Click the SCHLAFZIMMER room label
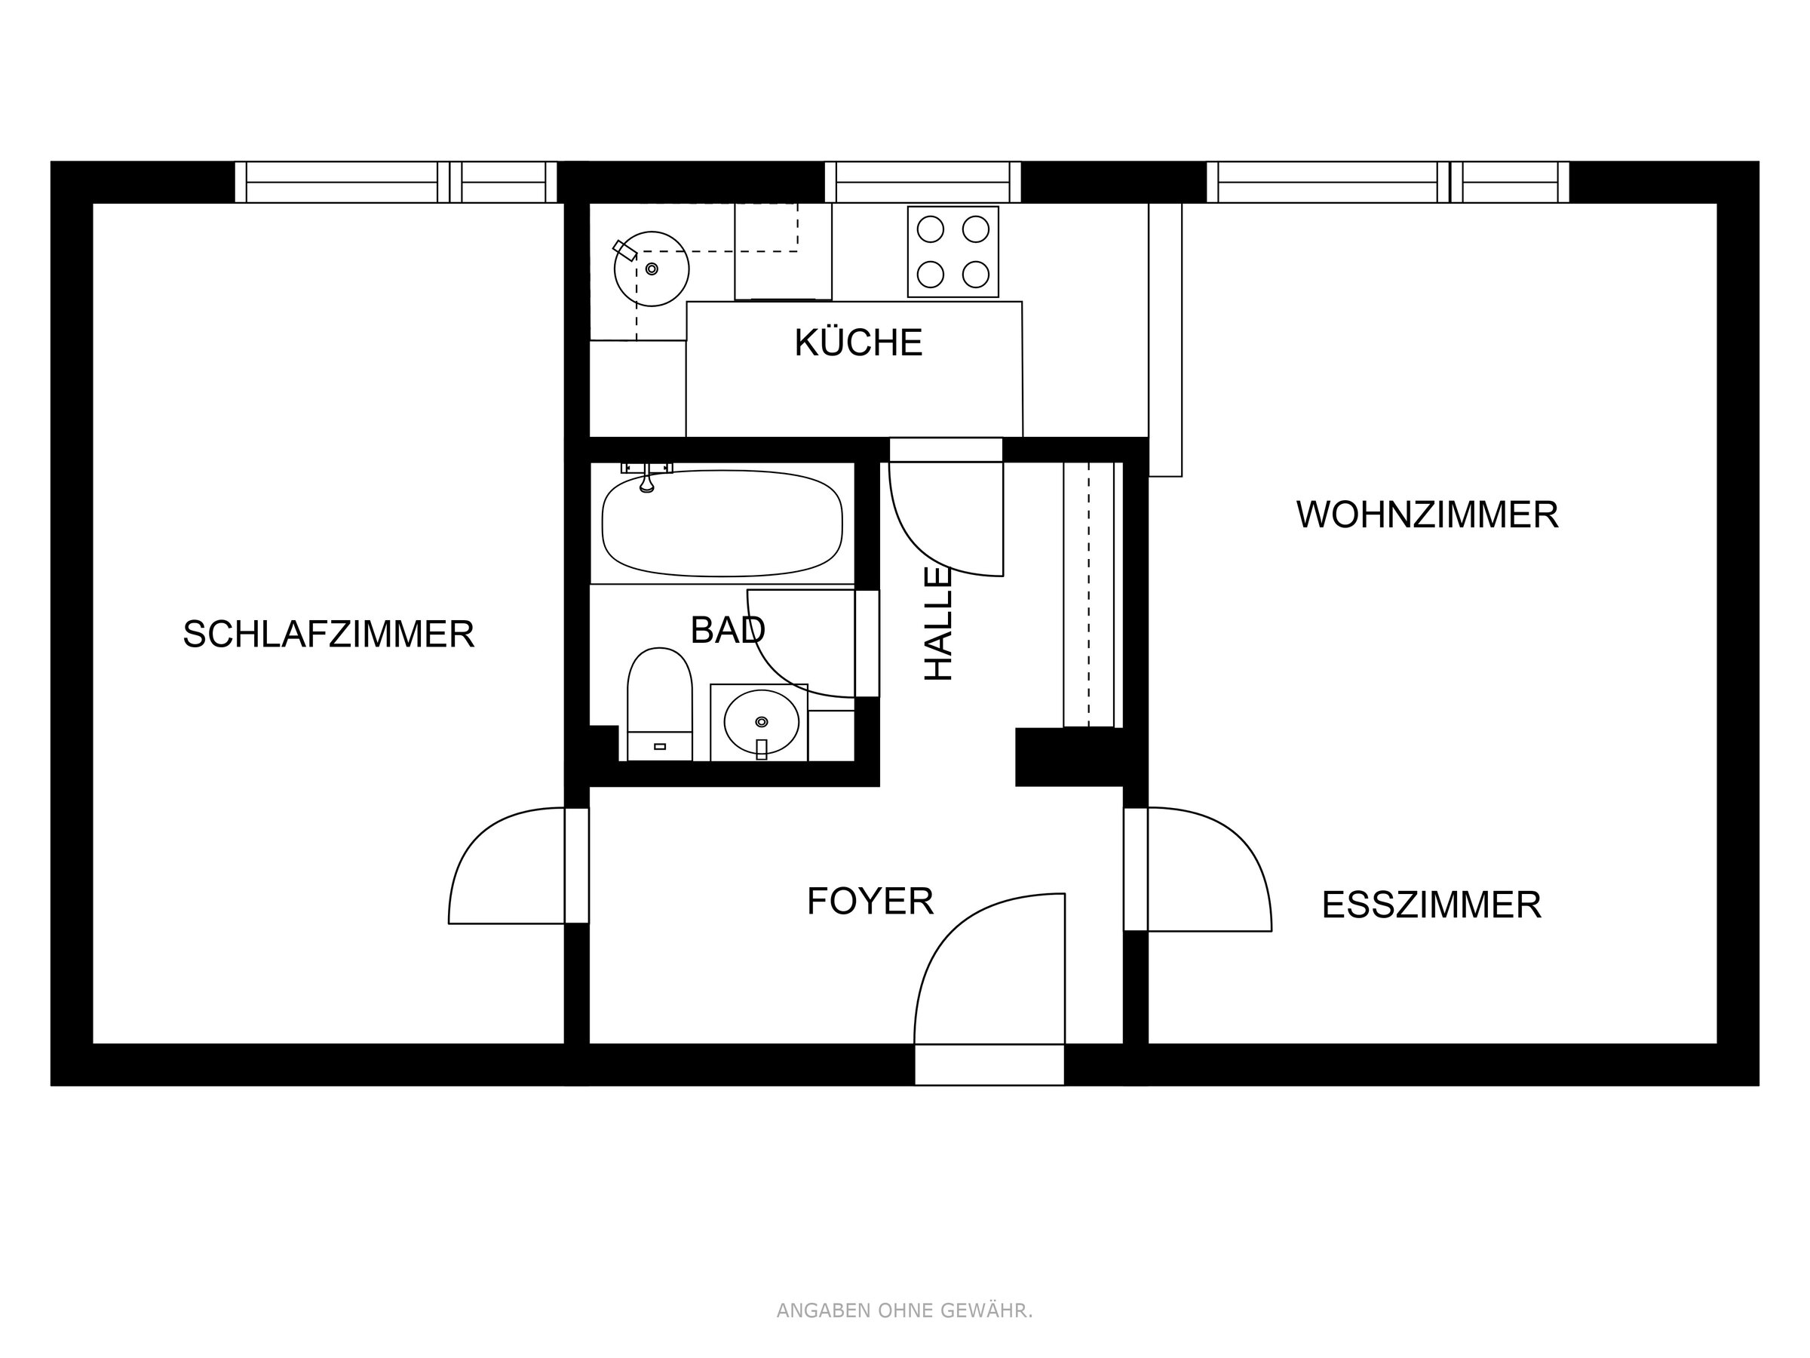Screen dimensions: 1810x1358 [x=328, y=634]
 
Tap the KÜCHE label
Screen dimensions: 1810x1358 [x=858, y=343]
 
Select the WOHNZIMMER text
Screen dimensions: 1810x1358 [x=1427, y=515]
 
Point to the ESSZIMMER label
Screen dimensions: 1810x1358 [x=1431, y=905]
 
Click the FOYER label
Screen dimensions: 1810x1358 [x=870, y=902]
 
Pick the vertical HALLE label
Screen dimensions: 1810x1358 [x=938, y=624]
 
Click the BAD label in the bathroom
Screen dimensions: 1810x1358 [x=728, y=630]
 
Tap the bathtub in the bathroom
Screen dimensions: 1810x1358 [x=722, y=523]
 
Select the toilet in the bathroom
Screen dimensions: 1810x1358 [x=660, y=704]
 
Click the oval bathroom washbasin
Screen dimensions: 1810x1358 [x=761, y=722]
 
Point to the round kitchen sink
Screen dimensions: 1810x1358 [x=652, y=269]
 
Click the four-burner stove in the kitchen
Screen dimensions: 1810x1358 [x=953, y=251]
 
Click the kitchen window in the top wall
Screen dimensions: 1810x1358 [x=923, y=182]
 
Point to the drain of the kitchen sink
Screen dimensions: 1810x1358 [x=652, y=269]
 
